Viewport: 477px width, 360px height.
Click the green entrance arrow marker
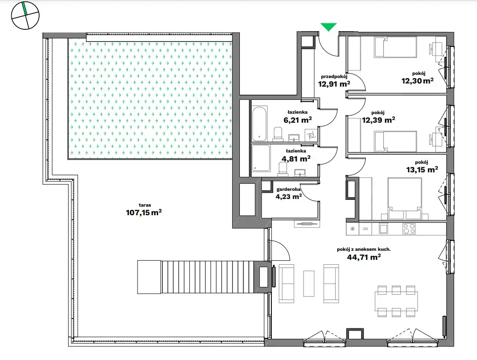329,27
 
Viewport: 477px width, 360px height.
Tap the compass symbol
25,15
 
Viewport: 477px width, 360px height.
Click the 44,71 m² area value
364,258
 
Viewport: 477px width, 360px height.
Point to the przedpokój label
334,77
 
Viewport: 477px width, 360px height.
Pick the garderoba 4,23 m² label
289,194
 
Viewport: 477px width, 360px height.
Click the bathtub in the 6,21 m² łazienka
260,124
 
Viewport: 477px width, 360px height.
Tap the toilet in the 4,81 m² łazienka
283,169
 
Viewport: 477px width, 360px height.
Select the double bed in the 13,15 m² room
404,198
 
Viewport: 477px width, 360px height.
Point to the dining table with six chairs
396,301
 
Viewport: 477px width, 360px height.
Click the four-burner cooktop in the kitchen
409,229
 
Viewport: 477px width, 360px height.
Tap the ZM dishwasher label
365,229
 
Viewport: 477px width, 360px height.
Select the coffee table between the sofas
309,284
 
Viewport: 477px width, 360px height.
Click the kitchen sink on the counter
383,229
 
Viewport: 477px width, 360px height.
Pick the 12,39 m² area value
378,120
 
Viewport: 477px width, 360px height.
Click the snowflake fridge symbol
353,229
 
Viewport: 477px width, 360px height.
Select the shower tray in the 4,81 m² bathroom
261,158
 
